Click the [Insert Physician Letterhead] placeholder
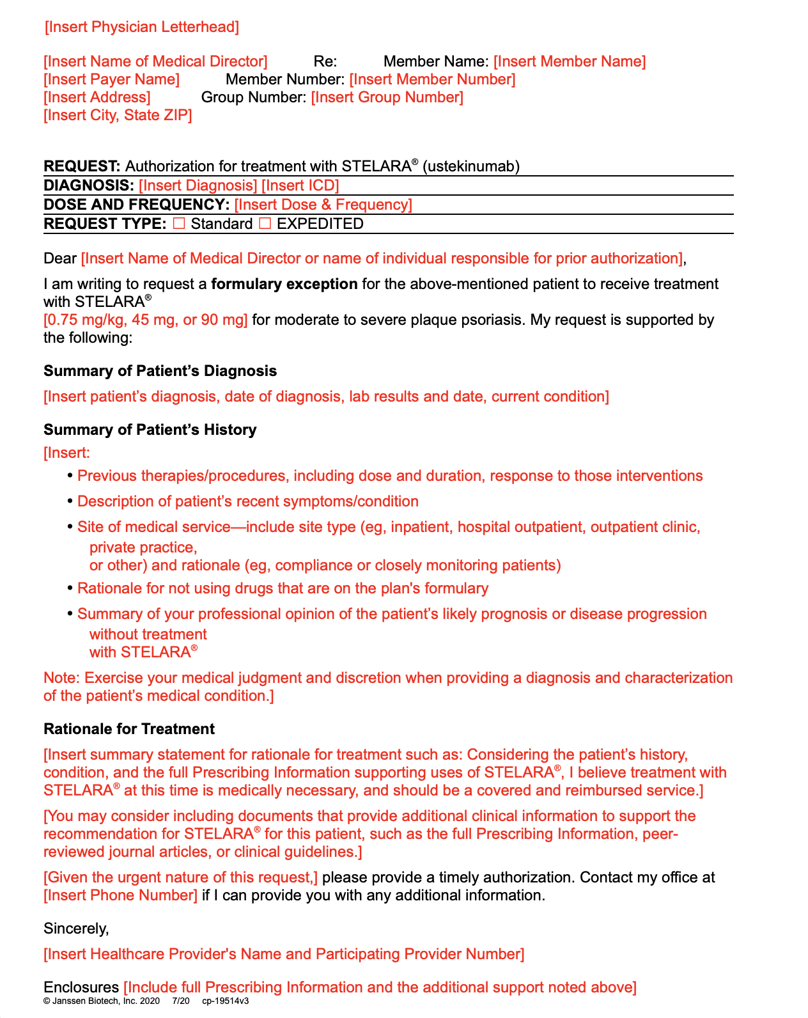pos(141,27)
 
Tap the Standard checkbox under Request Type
pos(180,224)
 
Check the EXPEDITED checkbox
pos(265,224)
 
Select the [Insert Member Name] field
pos(569,61)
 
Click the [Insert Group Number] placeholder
pos(387,97)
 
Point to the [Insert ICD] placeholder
pos(300,185)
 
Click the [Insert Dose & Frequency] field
pos(323,205)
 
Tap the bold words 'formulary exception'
pos(284,284)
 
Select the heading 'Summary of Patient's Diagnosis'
pos(160,371)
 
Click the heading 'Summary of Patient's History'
pos(150,430)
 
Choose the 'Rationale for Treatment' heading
pos(128,729)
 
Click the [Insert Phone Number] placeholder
pos(120,895)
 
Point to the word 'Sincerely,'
pos(76,928)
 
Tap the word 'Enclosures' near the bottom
pos(81,987)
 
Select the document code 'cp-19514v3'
pos(225,1001)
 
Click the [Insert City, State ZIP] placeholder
pos(118,115)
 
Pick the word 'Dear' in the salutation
pos(60,258)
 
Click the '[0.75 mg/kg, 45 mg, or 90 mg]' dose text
pos(145,320)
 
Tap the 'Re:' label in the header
pos(325,61)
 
